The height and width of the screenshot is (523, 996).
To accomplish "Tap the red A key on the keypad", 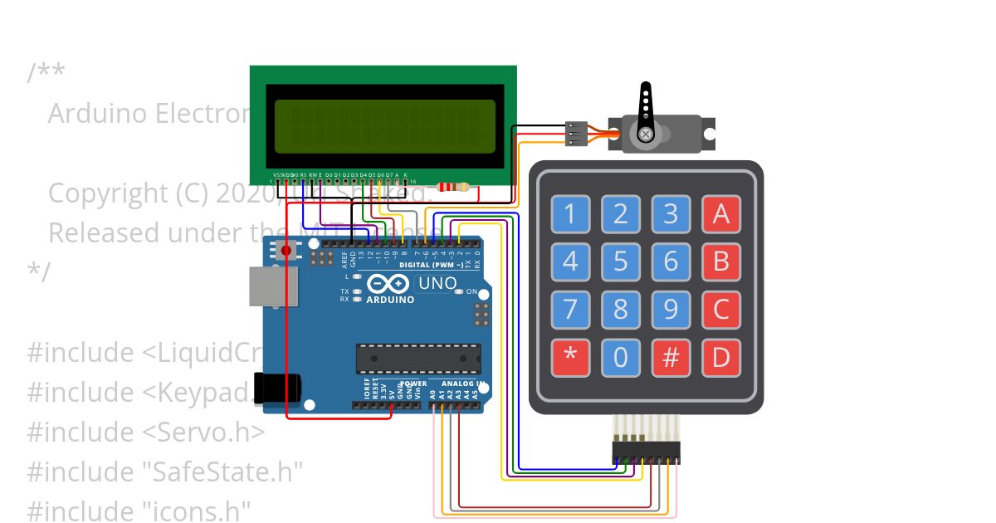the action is click(720, 214).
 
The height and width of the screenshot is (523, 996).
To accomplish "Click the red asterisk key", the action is click(570, 357).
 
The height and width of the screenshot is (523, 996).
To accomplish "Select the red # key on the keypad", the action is click(671, 357).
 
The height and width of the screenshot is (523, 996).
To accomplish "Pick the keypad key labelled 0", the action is click(620, 357).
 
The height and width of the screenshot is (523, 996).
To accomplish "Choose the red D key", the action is click(720, 357).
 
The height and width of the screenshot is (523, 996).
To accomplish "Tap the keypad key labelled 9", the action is click(671, 310).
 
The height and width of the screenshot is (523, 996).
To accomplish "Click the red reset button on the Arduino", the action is click(287, 250).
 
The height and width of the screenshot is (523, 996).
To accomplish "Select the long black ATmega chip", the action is click(418, 358).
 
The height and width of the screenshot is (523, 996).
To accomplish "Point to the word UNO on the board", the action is click(437, 283).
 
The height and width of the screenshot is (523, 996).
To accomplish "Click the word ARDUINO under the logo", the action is click(391, 300).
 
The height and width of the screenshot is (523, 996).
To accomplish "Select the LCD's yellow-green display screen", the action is click(384, 126).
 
